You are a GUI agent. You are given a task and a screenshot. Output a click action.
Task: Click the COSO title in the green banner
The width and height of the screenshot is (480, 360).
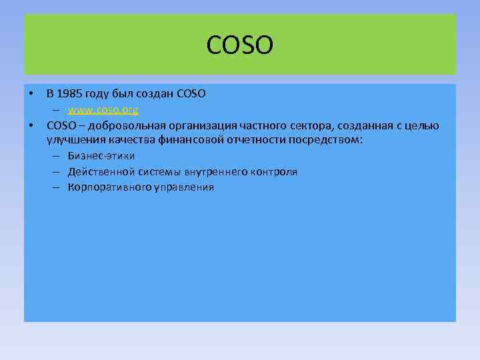click(240, 46)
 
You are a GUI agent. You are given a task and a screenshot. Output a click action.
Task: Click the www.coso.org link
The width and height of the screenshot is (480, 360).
click(103, 109)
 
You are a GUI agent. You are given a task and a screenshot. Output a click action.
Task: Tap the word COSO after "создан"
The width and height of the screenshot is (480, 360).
click(191, 94)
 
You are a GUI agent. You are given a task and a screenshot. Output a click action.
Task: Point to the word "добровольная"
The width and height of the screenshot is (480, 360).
click(110, 125)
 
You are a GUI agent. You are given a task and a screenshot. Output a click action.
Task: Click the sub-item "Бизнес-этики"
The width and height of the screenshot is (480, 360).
click(101, 156)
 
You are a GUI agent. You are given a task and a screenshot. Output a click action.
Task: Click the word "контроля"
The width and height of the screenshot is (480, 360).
click(274, 172)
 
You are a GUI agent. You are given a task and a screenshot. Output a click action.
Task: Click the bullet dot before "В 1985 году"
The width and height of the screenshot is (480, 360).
click(31, 94)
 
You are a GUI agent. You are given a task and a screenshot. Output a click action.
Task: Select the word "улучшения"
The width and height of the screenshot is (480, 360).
click(72, 140)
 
